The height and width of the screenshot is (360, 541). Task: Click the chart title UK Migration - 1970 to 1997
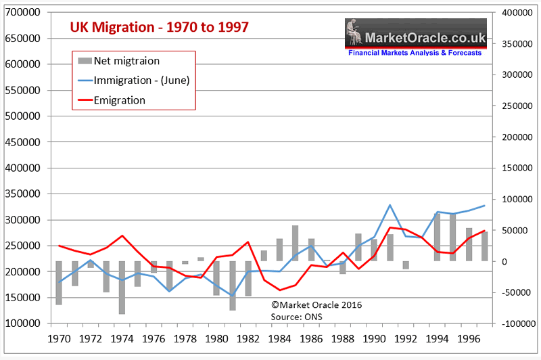[x=160, y=27]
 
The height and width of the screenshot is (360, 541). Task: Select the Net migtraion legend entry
[x=127, y=61]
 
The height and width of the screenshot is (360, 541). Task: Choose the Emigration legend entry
[x=120, y=100]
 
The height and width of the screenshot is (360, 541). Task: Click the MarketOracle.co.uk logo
[x=414, y=38]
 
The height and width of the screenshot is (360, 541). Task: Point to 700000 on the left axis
[x=22, y=13]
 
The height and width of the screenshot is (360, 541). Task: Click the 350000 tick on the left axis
[x=22, y=194]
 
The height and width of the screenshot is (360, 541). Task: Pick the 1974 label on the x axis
[x=122, y=336]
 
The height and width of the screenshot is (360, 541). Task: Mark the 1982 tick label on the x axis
[x=248, y=336]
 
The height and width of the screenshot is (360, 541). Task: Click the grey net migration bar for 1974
[x=122, y=288]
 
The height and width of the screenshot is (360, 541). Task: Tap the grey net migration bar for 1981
[x=233, y=286]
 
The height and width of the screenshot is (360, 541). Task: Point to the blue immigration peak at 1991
[x=390, y=204]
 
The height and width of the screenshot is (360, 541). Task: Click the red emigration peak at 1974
[x=122, y=235]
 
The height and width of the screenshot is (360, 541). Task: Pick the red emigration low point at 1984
[x=280, y=290]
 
